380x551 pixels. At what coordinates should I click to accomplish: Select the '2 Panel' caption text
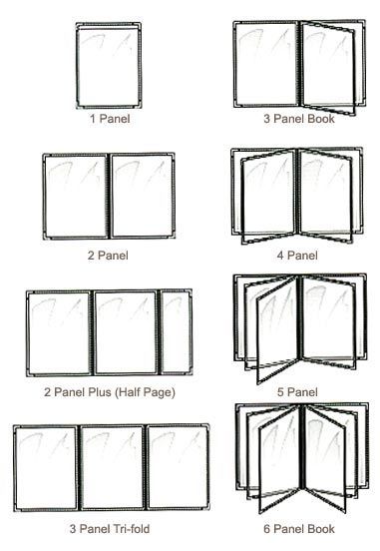tap(107, 256)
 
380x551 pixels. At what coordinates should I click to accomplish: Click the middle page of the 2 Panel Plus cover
tap(125, 331)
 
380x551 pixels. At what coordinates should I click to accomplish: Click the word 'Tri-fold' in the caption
tap(132, 529)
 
